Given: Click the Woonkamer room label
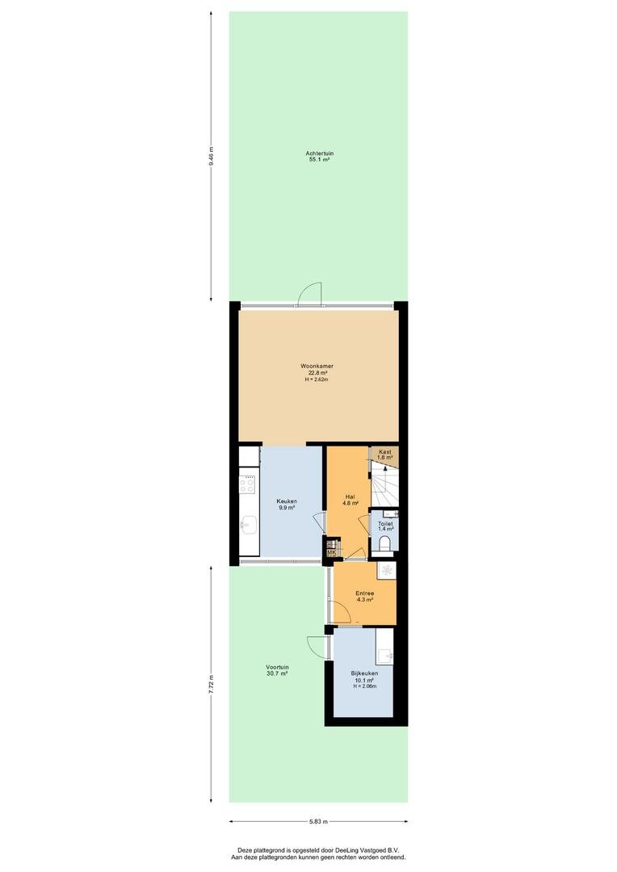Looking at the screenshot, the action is [x=317, y=367].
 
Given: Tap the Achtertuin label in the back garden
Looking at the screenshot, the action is [x=319, y=153].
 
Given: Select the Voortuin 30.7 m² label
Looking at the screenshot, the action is [x=277, y=670].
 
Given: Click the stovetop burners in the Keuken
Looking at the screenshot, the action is [x=247, y=485].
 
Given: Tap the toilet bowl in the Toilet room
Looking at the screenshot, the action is [x=384, y=543].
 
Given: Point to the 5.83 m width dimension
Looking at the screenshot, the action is [x=318, y=821].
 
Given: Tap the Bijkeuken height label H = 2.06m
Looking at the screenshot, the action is [x=364, y=686].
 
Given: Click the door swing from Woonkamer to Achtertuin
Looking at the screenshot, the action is [x=310, y=294].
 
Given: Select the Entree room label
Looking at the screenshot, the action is [x=364, y=593].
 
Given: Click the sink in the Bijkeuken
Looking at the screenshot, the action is [x=384, y=656].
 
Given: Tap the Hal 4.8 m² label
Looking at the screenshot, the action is [x=350, y=500].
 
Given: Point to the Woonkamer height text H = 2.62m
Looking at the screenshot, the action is [x=317, y=379].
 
